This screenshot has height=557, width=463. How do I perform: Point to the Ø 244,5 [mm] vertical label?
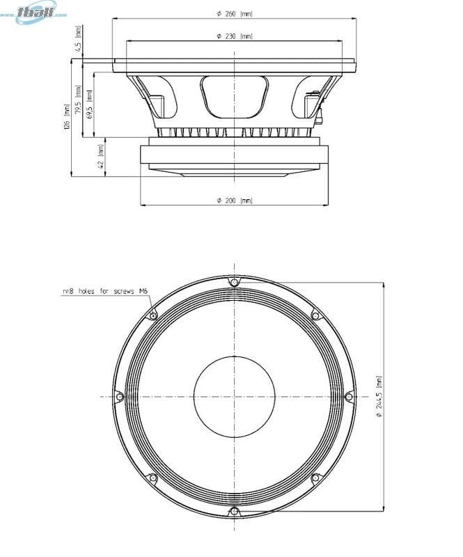pyautogui.click(x=379, y=396)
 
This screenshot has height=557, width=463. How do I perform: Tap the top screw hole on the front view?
pyautogui.click(x=234, y=281)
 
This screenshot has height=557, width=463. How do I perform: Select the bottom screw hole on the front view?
pyautogui.click(x=234, y=512)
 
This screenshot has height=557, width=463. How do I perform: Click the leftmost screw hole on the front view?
pyautogui.click(x=119, y=397)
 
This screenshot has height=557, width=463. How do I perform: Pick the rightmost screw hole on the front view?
pyautogui.click(x=349, y=397)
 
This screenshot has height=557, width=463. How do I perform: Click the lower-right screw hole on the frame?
pyautogui.click(x=315, y=478)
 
